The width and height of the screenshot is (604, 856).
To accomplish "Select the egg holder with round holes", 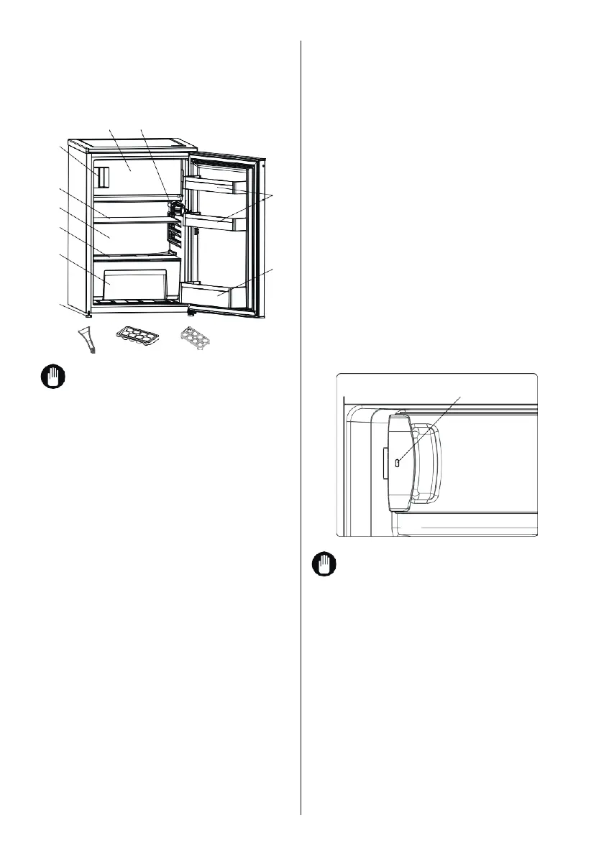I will point(198,336).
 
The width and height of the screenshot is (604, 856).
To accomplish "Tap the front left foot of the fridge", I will point(88,314).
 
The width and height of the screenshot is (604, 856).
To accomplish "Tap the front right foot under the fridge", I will point(191,313).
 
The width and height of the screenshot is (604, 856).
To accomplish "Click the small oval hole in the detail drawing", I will point(398,464).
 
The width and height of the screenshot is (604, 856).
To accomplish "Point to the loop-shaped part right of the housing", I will point(427,464).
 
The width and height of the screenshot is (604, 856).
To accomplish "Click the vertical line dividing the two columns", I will point(300,431).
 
